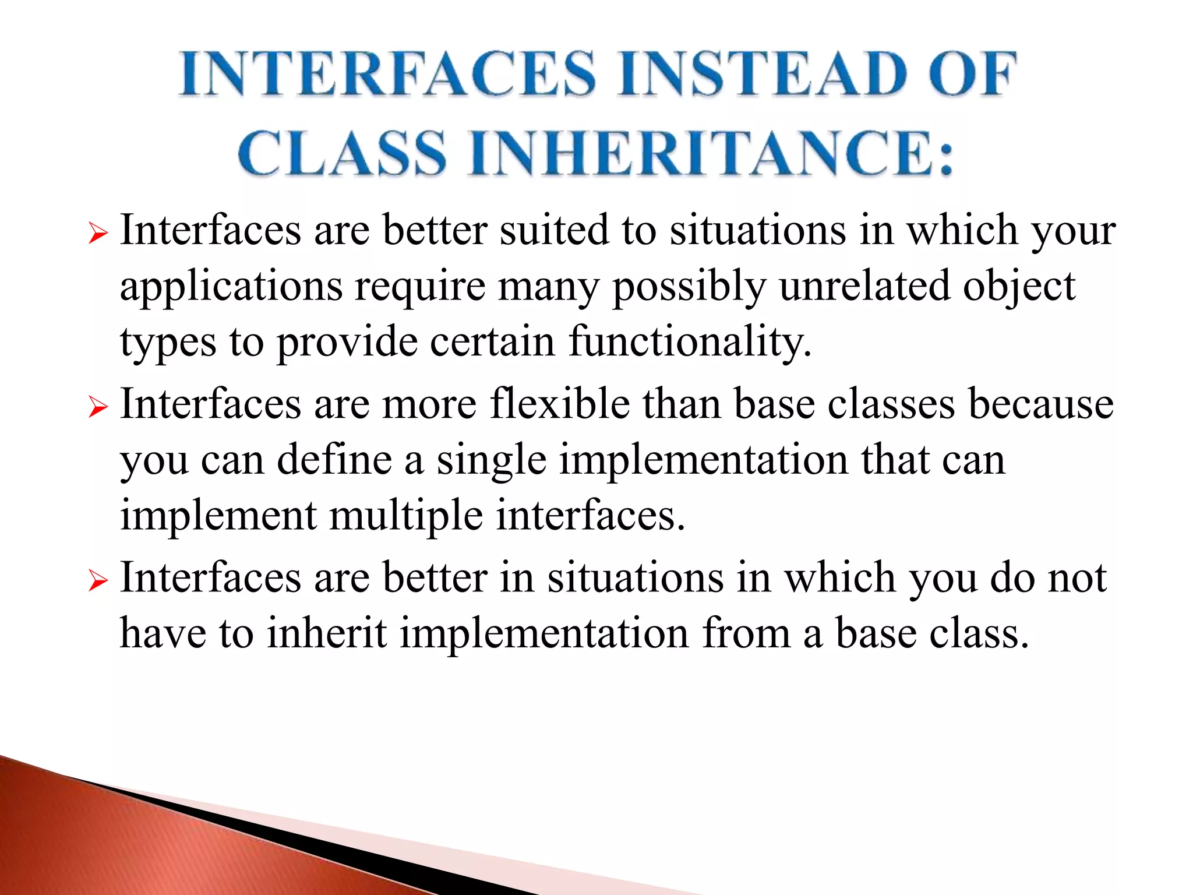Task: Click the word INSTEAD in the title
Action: (x=763, y=74)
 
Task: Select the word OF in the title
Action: (x=972, y=74)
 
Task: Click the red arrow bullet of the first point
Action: (x=98, y=235)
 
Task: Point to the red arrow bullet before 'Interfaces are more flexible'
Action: (x=98, y=407)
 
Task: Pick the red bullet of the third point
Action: (x=98, y=581)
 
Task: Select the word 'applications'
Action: (x=231, y=287)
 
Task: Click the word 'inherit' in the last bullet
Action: (x=327, y=633)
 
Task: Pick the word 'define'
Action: (x=334, y=460)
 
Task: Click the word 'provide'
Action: (x=347, y=342)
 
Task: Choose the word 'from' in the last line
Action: (x=746, y=633)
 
